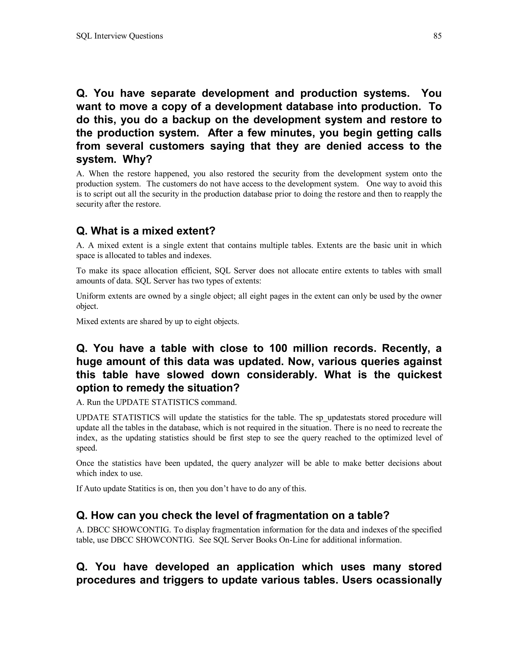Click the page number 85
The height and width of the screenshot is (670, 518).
coord(437,36)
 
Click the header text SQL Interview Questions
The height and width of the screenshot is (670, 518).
coord(119,36)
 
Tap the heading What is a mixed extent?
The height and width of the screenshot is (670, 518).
coord(145,231)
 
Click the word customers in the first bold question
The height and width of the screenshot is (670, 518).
coord(177,146)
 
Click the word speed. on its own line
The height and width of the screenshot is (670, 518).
coord(87,448)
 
